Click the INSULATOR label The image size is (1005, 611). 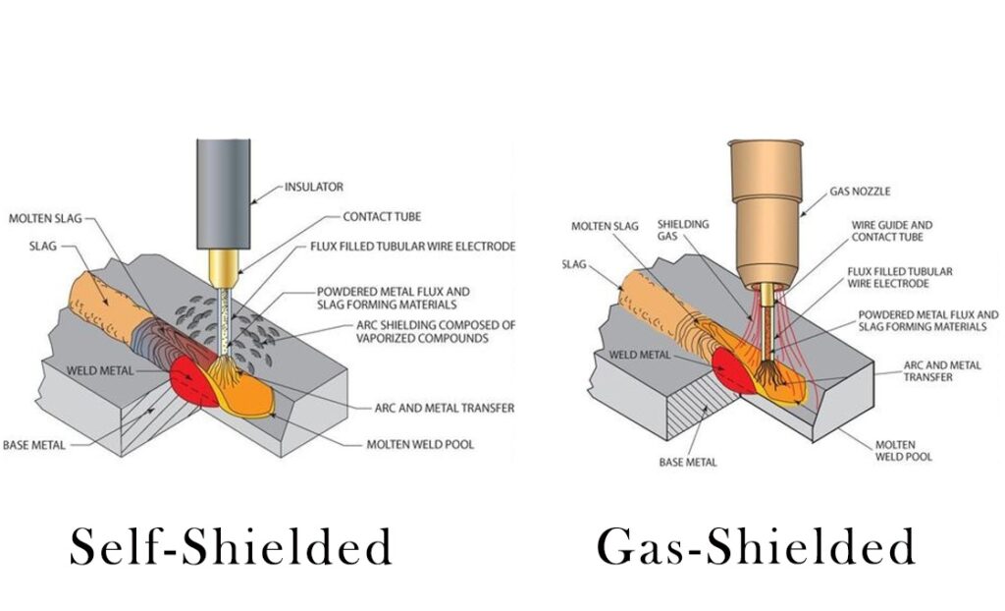[314, 186]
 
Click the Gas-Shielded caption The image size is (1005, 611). [756, 545]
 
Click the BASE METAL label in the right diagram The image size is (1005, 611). [687, 462]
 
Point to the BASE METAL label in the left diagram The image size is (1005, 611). [34, 445]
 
